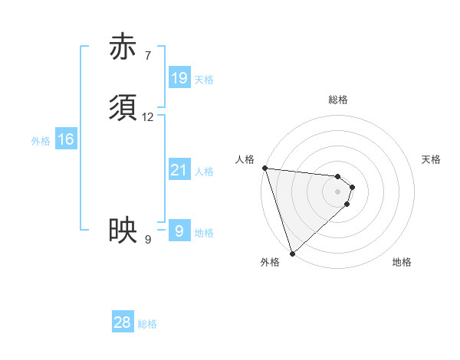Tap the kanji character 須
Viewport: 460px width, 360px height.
(x=123, y=109)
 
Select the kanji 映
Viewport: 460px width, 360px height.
(x=123, y=230)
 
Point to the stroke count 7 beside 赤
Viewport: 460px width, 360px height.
(x=147, y=55)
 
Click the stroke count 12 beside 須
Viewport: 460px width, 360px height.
(x=148, y=117)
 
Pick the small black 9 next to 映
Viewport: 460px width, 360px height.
(x=147, y=240)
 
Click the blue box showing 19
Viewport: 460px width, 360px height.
(x=179, y=78)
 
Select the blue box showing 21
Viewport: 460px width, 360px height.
(x=179, y=171)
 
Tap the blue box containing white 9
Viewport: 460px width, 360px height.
(x=179, y=231)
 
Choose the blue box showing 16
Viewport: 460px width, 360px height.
(x=66, y=139)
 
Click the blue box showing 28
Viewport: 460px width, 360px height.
(x=123, y=322)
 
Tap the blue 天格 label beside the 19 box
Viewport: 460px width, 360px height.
(x=203, y=80)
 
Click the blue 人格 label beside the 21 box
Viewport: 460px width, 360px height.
(x=204, y=172)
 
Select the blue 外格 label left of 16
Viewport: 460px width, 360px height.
(x=41, y=141)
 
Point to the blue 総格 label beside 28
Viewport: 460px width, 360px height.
(x=147, y=324)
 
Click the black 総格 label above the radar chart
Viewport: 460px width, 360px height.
(x=338, y=100)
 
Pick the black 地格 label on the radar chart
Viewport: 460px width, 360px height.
(x=402, y=263)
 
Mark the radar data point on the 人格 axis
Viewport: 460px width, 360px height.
(x=264, y=168)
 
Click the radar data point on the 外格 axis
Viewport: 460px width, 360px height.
(x=292, y=253)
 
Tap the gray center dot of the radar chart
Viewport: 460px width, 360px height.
(x=338, y=191)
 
